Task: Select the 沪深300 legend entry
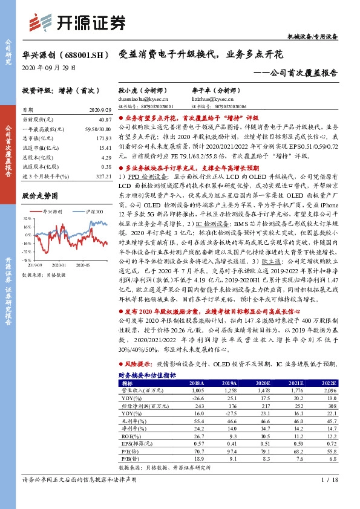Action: [x=93, y=212]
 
